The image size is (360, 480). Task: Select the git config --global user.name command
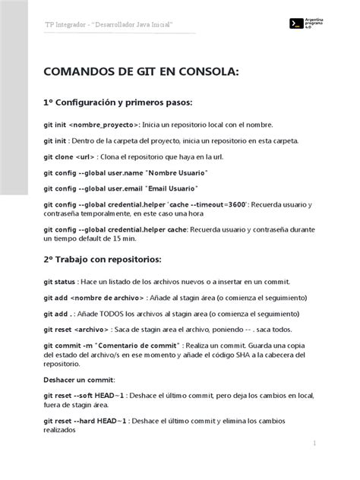[x=94, y=172]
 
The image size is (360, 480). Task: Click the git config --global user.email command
[x=94, y=188]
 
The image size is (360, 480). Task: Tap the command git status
[x=62, y=282]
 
